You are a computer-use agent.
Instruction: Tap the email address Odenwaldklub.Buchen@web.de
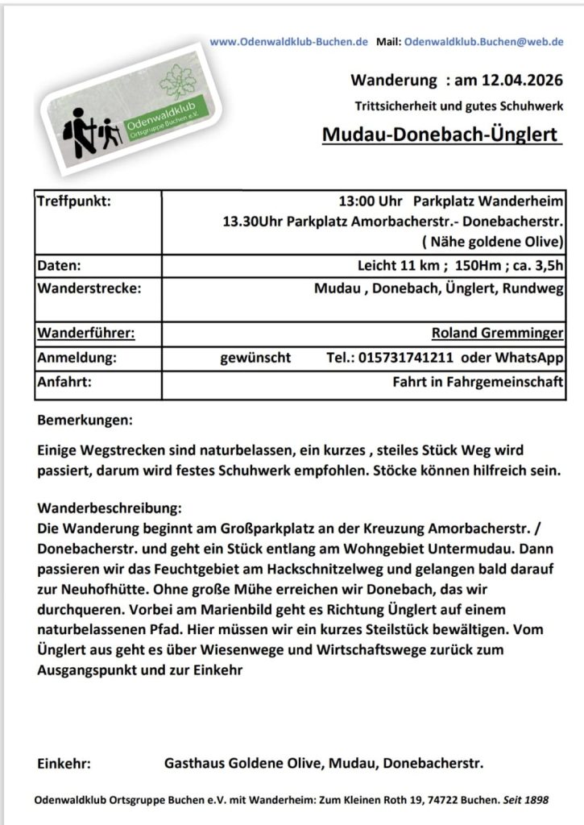pyautogui.click(x=483, y=41)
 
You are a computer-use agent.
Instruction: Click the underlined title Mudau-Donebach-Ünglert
pyautogui.click(x=441, y=135)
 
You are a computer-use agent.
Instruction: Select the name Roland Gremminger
pyautogui.click(x=497, y=334)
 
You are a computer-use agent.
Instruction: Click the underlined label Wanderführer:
pyautogui.click(x=86, y=334)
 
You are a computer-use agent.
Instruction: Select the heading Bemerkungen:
pyautogui.click(x=85, y=421)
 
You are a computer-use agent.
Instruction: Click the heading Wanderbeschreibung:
pyautogui.click(x=110, y=509)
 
